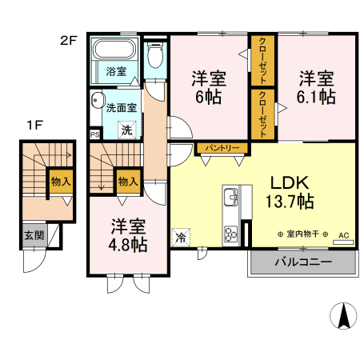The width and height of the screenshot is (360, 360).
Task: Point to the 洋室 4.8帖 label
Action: coord(128,235)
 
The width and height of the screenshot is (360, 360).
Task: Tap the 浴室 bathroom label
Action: coord(116,71)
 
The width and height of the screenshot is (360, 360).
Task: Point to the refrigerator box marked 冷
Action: coord(182,237)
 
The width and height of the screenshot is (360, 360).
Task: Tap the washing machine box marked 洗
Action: coord(126,130)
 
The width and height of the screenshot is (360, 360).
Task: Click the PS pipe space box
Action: coord(95,134)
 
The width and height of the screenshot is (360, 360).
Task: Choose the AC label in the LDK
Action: coord(344,235)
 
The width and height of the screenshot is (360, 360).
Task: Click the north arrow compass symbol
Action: coord(343,317)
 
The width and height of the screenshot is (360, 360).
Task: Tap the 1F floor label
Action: coord(34,125)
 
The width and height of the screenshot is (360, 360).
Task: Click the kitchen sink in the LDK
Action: coord(230,197)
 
